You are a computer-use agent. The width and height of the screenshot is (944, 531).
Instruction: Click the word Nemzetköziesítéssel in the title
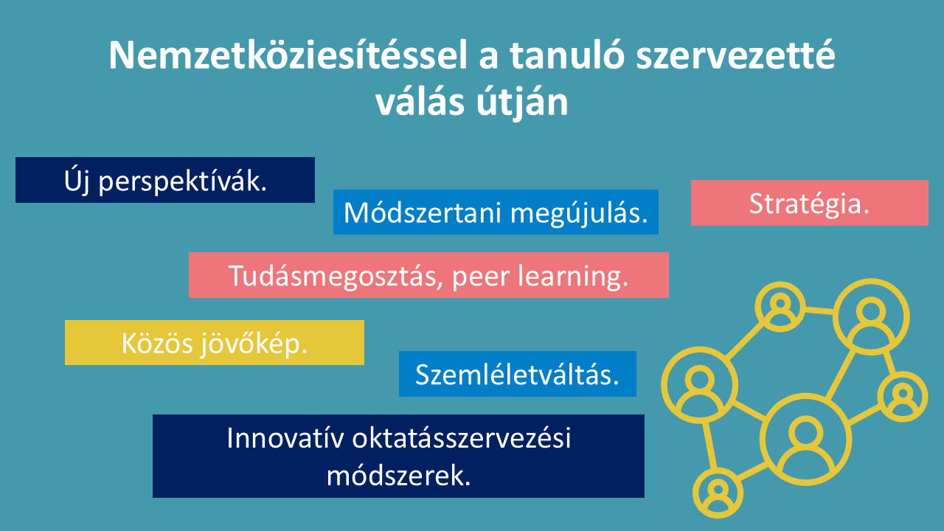(x=288, y=55)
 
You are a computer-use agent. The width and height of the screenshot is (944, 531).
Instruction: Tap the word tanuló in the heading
(x=567, y=55)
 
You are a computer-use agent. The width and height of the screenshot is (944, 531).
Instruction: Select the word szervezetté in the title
(x=735, y=55)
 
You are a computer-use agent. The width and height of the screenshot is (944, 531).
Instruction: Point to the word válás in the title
(x=420, y=102)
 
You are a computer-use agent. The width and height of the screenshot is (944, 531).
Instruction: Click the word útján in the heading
(x=523, y=103)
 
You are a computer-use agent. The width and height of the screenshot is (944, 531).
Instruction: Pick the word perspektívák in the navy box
(x=183, y=181)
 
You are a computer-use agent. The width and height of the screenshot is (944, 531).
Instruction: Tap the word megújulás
(x=579, y=214)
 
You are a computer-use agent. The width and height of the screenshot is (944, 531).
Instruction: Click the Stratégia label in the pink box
(x=809, y=204)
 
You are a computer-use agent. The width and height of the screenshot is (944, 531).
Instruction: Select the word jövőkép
(x=254, y=344)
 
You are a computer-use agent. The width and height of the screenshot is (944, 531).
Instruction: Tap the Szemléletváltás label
(x=517, y=374)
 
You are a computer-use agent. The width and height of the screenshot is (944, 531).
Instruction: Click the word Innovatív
(x=285, y=438)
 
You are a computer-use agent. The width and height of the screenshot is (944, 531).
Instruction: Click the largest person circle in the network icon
(x=806, y=397)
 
